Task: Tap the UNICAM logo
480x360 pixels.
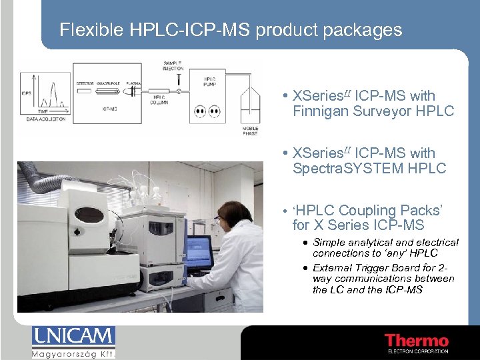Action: tap(73, 336)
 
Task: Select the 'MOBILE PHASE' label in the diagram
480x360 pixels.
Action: tap(250, 131)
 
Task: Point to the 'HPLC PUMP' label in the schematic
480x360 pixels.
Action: tap(210, 82)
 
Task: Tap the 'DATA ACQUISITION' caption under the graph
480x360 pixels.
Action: tap(46, 119)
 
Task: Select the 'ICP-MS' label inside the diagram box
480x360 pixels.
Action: tap(111, 107)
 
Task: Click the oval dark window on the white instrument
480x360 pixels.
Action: tap(91, 215)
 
